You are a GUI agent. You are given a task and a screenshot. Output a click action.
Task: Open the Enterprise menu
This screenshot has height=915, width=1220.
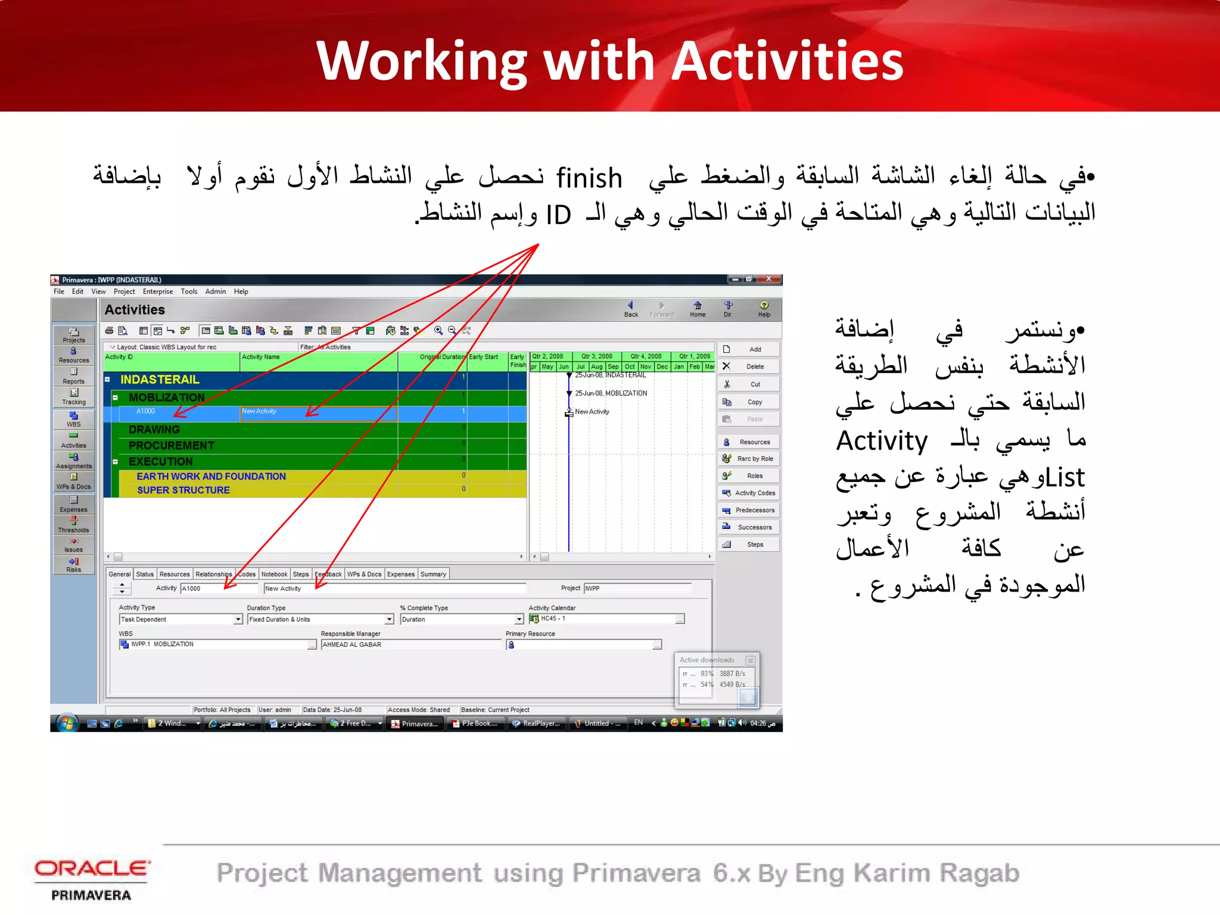click(x=157, y=292)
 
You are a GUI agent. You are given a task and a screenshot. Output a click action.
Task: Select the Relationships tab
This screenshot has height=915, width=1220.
click(x=213, y=574)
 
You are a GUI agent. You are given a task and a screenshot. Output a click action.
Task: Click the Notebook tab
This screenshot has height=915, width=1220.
click(x=274, y=574)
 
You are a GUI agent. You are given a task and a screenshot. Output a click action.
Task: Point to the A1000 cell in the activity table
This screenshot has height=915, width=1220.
click(x=145, y=412)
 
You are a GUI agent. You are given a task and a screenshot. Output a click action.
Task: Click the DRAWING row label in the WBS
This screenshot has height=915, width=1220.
click(x=154, y=430)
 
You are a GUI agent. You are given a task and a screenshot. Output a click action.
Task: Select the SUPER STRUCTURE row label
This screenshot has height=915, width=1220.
click(x=183, y=490)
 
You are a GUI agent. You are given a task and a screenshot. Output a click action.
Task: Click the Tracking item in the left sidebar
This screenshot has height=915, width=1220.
click(x=73, y=396)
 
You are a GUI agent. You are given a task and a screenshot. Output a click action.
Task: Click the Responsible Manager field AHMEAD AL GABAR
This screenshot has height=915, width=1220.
click(x=411, y=645)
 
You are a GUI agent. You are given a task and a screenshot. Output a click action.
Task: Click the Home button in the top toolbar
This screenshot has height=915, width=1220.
click(x=698, y=309)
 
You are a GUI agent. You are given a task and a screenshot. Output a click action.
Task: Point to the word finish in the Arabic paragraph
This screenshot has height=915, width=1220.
click(x=589, y=178)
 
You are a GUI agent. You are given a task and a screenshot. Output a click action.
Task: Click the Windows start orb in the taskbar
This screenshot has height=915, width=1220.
click(x=67, y=723)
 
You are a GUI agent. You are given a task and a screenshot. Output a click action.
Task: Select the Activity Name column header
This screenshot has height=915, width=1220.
click(x=260, y=357)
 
